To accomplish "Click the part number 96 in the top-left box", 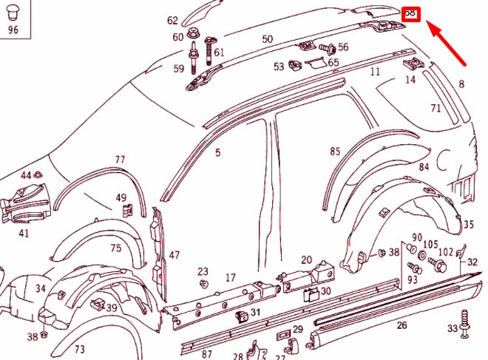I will pos(13,30).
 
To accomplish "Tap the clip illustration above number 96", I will pos(13,13).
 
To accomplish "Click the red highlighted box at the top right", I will pos(411,14).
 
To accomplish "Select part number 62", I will pos(172,20).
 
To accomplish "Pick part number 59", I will pos(178,69).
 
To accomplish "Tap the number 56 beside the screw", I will pos(343,47).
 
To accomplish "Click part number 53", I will pos(278,67).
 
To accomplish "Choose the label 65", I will pos(333,63).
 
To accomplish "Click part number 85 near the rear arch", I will pos(335,152).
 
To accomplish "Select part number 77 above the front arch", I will pos(120,159).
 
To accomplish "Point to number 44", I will pos(26,175).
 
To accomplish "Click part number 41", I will pos(24,234).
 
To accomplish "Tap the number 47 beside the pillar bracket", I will pos(174,255).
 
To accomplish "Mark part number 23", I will pos(203,271).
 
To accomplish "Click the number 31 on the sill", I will pos(255,313).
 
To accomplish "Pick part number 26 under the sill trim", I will pos(401,325).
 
